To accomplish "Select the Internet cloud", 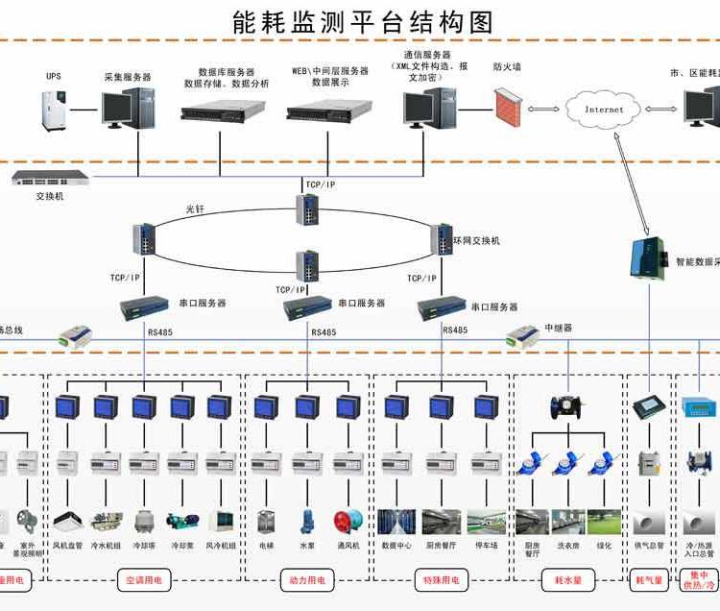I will (604, 109).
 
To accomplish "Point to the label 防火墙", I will (507, 67).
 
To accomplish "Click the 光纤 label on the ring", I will (196, 208).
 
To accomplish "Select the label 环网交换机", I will (477, 240).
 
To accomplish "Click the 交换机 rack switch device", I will (49, 178).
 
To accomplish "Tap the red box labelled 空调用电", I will (144, 580).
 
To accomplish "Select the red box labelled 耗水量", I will (569, 580).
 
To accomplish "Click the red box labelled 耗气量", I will (650, 580).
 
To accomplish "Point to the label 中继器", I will (558, 328).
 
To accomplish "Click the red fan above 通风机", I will (346, 522).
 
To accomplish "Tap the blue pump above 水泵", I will (307, 522).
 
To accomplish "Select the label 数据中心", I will (396, 546).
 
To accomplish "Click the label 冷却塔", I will (144, 546).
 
